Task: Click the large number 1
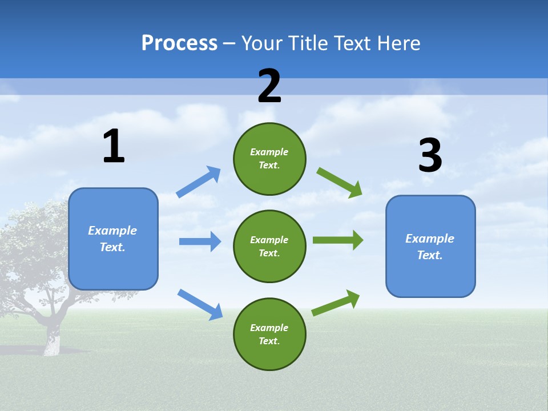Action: tap(114, 146)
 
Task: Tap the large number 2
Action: tap(269, 86)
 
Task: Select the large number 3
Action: tap(430, 155)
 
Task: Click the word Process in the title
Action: tap(179, 43)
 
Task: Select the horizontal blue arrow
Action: tap(200, 241)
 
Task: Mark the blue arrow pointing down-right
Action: tap(200, 304)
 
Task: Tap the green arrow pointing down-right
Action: tap(339, 182)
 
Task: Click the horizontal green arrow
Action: tap(337, 240)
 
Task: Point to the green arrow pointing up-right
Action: tap(336, 303)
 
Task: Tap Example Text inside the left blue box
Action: tap(112, 239)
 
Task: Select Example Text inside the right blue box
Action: tap(430, 247)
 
